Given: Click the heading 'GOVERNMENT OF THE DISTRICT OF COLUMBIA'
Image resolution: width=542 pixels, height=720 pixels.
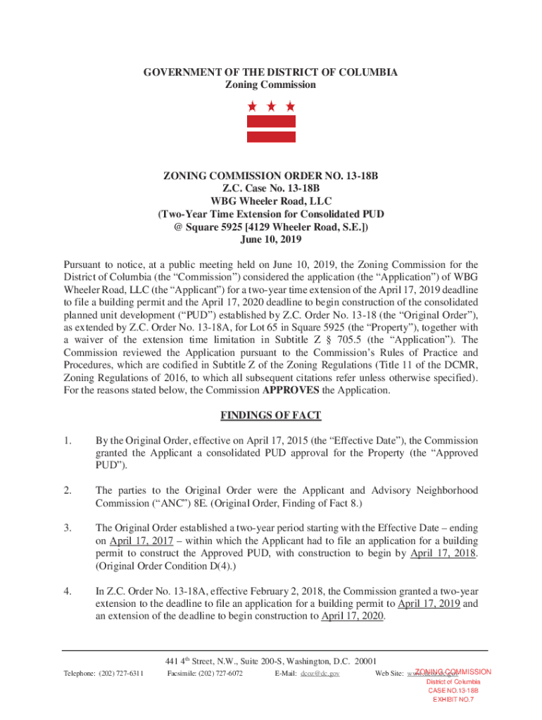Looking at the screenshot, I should [271, 72].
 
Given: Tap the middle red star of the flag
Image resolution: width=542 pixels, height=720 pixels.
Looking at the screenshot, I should [271, 107].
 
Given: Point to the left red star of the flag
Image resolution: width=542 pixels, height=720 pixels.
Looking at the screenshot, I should [252, 107].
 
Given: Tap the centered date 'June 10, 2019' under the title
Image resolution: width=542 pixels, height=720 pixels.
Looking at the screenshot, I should [271, 240].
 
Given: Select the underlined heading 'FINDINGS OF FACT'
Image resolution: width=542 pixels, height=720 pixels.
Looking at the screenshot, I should [271, 416].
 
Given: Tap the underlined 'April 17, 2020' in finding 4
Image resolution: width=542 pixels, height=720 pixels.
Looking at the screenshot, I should [352, 616].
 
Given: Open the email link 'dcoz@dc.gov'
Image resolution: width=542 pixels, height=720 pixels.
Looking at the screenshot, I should [320, 674].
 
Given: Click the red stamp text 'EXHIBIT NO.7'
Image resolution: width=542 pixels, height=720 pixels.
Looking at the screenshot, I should [453, 700].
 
